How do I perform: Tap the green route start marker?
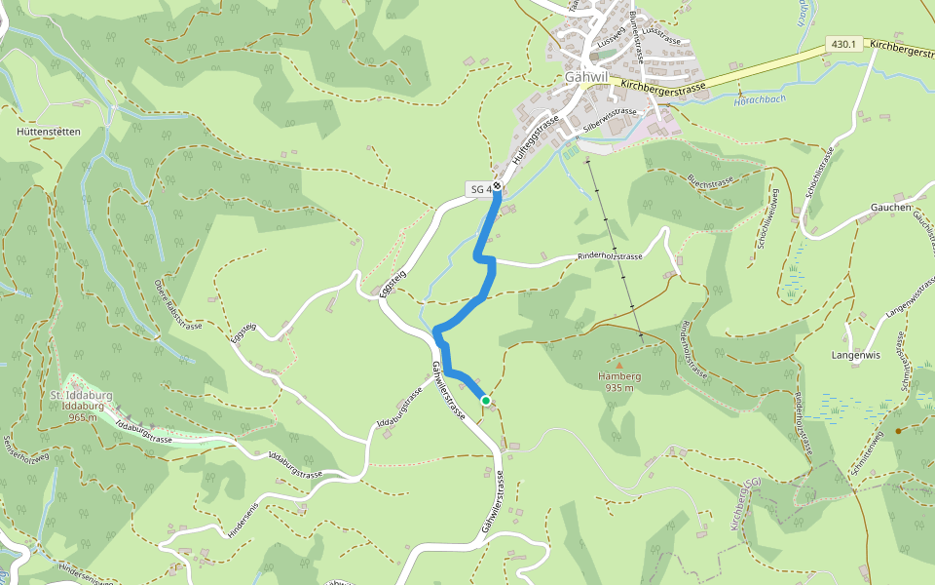(485, 400)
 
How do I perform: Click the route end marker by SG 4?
(497, 185)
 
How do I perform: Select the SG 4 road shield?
(479, 188)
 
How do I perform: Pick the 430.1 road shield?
(844, 45)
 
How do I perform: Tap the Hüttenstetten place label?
(48, 131)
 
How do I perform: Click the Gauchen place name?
(890, 208)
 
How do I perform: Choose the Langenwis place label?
(857, 355)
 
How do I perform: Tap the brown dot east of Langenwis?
(898, 430)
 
